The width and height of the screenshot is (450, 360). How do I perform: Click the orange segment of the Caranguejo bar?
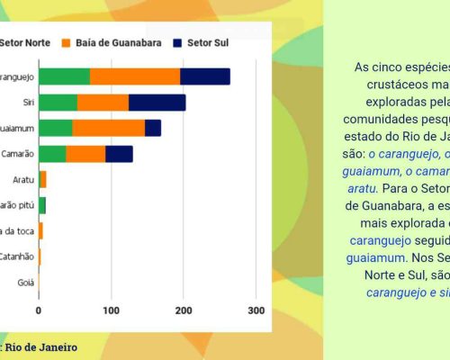(135, 76)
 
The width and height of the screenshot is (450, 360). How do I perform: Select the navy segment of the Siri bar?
(157, 103)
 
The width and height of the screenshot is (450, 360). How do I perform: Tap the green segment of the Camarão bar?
(52, 154)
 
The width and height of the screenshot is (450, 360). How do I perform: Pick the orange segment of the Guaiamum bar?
(108, 128)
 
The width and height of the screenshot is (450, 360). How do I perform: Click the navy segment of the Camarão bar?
(119, 154)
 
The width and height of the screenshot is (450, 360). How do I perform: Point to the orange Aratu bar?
(42, 180)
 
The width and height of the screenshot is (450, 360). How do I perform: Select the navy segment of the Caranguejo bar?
(205, 76)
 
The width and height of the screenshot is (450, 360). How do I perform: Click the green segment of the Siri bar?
(58, 103)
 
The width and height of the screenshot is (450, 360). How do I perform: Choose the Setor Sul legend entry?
(199, 42)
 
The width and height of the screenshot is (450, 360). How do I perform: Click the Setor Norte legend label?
(25, 42)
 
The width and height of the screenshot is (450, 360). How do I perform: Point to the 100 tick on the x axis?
(111, 310)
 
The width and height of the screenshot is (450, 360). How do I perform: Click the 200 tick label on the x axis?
(184, 310)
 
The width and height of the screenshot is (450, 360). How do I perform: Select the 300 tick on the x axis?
(256, 310)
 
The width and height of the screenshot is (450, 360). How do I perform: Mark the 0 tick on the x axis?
(39, 310)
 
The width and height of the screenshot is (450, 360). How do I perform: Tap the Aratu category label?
(22, 180)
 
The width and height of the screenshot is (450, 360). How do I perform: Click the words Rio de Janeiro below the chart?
(40, 346)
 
